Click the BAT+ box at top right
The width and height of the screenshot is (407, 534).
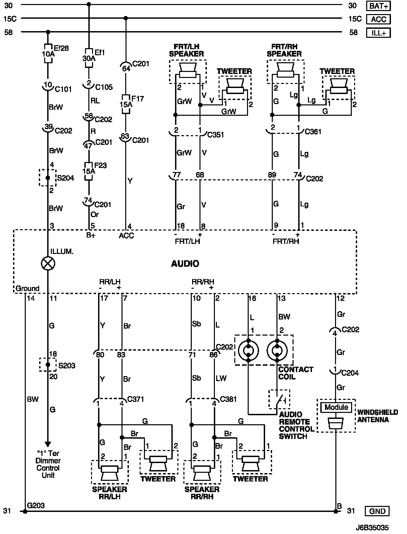378,6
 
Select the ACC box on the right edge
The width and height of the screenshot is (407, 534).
378,19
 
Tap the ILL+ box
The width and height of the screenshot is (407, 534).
378,33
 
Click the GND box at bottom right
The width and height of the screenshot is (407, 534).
377,511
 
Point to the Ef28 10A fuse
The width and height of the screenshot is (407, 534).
48,54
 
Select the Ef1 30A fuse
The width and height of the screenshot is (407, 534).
89,58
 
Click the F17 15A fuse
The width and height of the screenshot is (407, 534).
126,104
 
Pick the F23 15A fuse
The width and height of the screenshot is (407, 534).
89,171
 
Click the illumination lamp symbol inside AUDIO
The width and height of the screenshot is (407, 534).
48,263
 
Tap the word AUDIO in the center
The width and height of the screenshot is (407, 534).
185,264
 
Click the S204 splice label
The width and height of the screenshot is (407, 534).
66,178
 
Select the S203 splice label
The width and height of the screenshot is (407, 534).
67,365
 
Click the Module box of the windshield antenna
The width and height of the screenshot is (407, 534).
336,407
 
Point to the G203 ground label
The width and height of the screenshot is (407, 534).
36,506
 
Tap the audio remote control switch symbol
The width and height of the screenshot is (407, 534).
279,399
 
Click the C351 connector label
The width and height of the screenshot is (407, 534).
216,135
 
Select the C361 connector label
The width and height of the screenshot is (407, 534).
313,131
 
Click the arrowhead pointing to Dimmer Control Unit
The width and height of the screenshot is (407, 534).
48,444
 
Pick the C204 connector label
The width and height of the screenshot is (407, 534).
350,373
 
